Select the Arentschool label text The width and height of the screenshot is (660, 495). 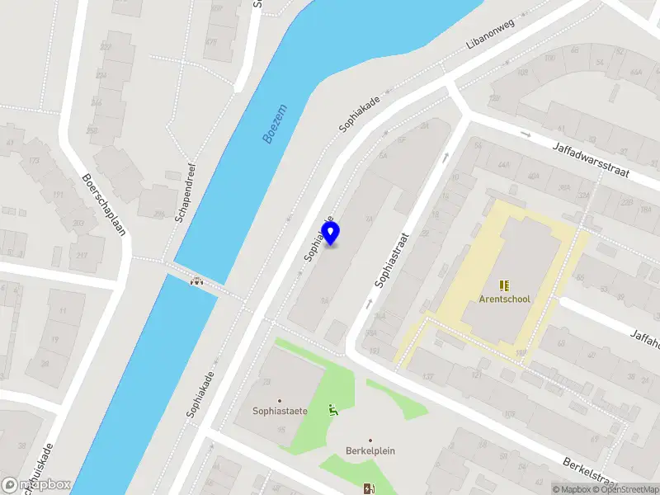pyautogui.click(x=504, y=299)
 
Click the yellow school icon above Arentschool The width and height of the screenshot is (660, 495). pyautogui.click(x=504, y=285)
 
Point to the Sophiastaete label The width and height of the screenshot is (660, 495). pyautogui.click(x=280, y=411)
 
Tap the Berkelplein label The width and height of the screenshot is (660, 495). pyautogui.click(x=370, y=451)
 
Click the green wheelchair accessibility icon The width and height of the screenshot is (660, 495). pyautogui.click(x=333, y=409)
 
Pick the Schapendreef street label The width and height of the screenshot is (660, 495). pyautogui.click(x=185, y=191)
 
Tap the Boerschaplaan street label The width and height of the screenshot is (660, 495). pyautogui.click(x=103, y=204)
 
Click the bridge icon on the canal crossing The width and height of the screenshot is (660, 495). pyautogui.click(x=197, y=280)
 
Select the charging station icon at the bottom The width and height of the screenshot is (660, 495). pyautogui.click(x=367, y=488)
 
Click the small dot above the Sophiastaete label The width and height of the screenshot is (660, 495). pyautogui.click(x=280, y=400)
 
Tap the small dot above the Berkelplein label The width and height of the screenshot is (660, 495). pyautogui.click(x=370, y=441)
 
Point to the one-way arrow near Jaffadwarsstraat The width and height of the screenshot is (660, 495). pyautogui.click(x=526, y=134)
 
